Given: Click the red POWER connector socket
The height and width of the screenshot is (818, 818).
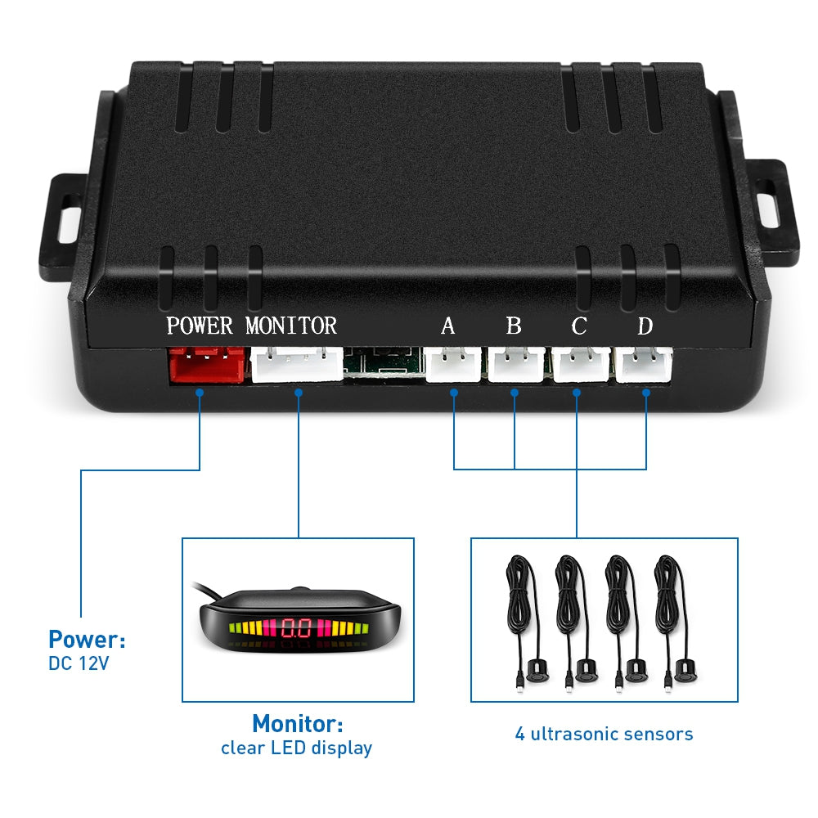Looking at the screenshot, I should (206, 365).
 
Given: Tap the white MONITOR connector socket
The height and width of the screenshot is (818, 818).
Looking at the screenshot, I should (297, 364).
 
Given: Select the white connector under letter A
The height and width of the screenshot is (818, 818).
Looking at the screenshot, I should (452, 365).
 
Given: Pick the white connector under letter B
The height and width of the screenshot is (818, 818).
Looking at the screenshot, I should (516, 365).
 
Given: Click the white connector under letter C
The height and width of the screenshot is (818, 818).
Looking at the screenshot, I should (580, 365).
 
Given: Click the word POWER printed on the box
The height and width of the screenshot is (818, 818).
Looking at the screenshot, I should (200, 326).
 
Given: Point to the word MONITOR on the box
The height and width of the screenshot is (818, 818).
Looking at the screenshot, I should (291, 326).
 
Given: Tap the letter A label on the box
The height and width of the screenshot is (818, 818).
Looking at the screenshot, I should (447, 326).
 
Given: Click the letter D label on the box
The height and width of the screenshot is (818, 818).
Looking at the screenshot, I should (645, 326).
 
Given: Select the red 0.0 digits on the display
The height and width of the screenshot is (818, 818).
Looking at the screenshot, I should (296, 629).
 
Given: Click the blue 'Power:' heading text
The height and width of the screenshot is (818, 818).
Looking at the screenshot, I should (87, 639).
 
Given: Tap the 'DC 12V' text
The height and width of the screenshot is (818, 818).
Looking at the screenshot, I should (79, 663).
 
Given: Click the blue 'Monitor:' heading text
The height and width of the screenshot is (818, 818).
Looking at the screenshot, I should (297, 724).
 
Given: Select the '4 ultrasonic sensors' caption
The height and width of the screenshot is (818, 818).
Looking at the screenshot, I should (604, 734).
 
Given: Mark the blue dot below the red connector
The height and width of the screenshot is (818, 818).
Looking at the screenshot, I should (200, 393).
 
